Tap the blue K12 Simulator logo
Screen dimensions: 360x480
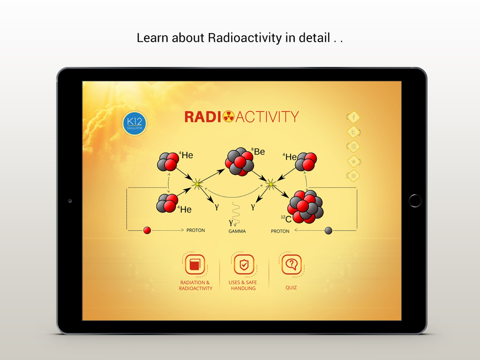click(x=135, y=123)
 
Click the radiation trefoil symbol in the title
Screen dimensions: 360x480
click(x=228, y=117)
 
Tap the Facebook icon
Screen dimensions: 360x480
click(x=353, y=117)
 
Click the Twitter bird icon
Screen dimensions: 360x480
click(x=353, y=132)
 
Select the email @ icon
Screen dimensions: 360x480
click(x=353, y=147)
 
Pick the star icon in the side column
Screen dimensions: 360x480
click(x=353, y=161)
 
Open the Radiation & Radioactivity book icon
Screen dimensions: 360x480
click(x=195, y=265)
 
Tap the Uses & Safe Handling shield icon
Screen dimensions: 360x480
click(x=244, y=265)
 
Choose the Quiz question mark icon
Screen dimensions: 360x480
click(x=291, y=264)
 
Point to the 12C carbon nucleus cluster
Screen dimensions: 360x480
click(x=306, y=206)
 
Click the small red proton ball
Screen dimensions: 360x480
click(x=147, y=230)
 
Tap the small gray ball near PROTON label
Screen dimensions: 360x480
click(x=329, y=230)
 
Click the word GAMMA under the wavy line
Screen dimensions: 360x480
click(x=237, y=231)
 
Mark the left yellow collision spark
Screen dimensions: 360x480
click(x=197, y=184)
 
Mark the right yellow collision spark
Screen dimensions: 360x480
click(x=270, y=185)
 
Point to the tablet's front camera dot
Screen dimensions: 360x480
click(x=70, y=201)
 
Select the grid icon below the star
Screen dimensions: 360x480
click(x=353, y=176)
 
